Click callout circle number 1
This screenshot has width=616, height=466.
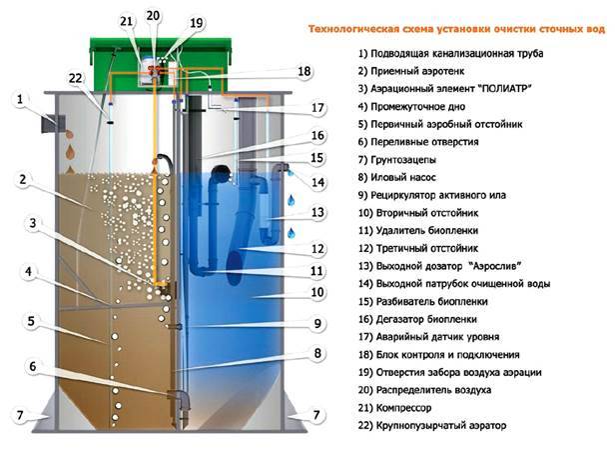click(23, 99)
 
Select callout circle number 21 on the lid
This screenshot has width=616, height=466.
click(126, 22)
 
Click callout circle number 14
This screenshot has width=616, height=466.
click(318, 183)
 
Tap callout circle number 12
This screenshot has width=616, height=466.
click(318, 249)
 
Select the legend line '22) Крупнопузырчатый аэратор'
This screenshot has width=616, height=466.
click(433, 426)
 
